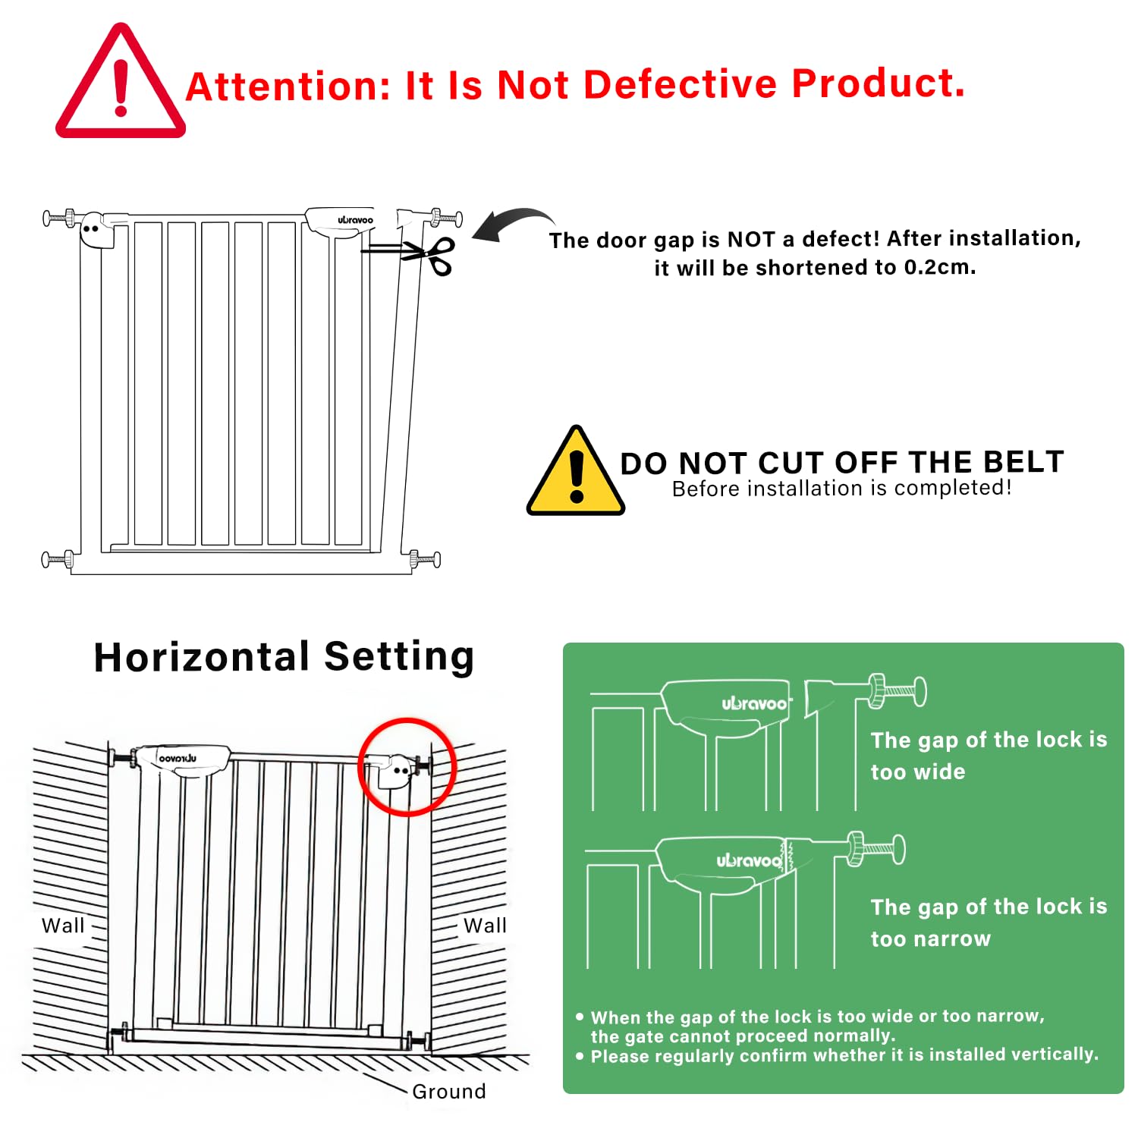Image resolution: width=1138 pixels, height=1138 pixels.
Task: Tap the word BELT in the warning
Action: pyautogui.click(x=1023, y=461)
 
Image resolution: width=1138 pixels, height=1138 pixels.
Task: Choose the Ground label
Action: pyautogui.click(x=449, y=1091)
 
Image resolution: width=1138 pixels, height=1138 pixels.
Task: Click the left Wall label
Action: pyautogui.click(x=63, y=926)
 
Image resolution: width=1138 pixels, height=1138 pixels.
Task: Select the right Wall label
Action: pyautogui.click(x=485, y=926)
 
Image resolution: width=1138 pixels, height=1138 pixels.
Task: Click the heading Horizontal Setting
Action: pyautogui.click(x=284, y=657)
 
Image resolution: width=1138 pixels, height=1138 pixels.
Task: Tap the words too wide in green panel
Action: pyautogui.click(x=918, y=772)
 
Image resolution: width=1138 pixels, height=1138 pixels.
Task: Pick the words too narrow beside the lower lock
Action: pyautogui.click(x=931, y=938)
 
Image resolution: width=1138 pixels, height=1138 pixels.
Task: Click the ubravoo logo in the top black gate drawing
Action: pyautogui.click(x=356, y=220)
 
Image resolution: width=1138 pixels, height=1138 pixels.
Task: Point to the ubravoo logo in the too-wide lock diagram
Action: pyautogui.click(x=754, y=704)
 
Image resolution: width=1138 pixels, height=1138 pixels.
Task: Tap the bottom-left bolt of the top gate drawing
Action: pyautogui.click(x=57, y=560)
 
